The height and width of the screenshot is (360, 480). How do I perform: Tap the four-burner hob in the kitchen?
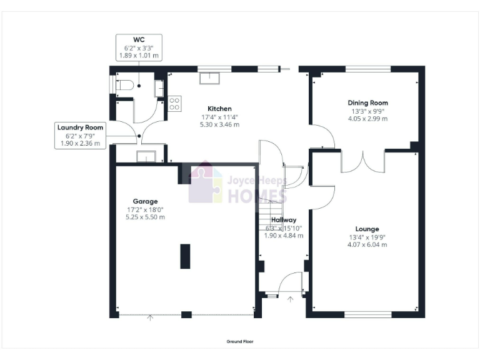[174, 102]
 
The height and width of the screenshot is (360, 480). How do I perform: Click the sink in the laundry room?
[146, 156]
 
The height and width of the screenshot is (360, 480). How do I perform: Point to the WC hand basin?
[159, 86]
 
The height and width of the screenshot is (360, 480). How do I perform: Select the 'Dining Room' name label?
[367, 102]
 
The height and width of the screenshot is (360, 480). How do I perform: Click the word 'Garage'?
[145, 201]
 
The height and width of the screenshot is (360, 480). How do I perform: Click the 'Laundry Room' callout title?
[80, 127]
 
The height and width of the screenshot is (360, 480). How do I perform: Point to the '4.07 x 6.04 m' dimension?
[368, 244]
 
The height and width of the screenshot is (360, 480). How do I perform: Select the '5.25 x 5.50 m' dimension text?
[145, 217]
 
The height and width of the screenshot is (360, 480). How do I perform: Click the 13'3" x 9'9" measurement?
[367, 111]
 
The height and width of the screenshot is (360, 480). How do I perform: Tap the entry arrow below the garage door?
[150, 318]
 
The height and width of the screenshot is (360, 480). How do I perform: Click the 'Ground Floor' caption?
[240, 342]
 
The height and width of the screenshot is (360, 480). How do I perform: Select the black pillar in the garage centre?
[186, 256]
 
